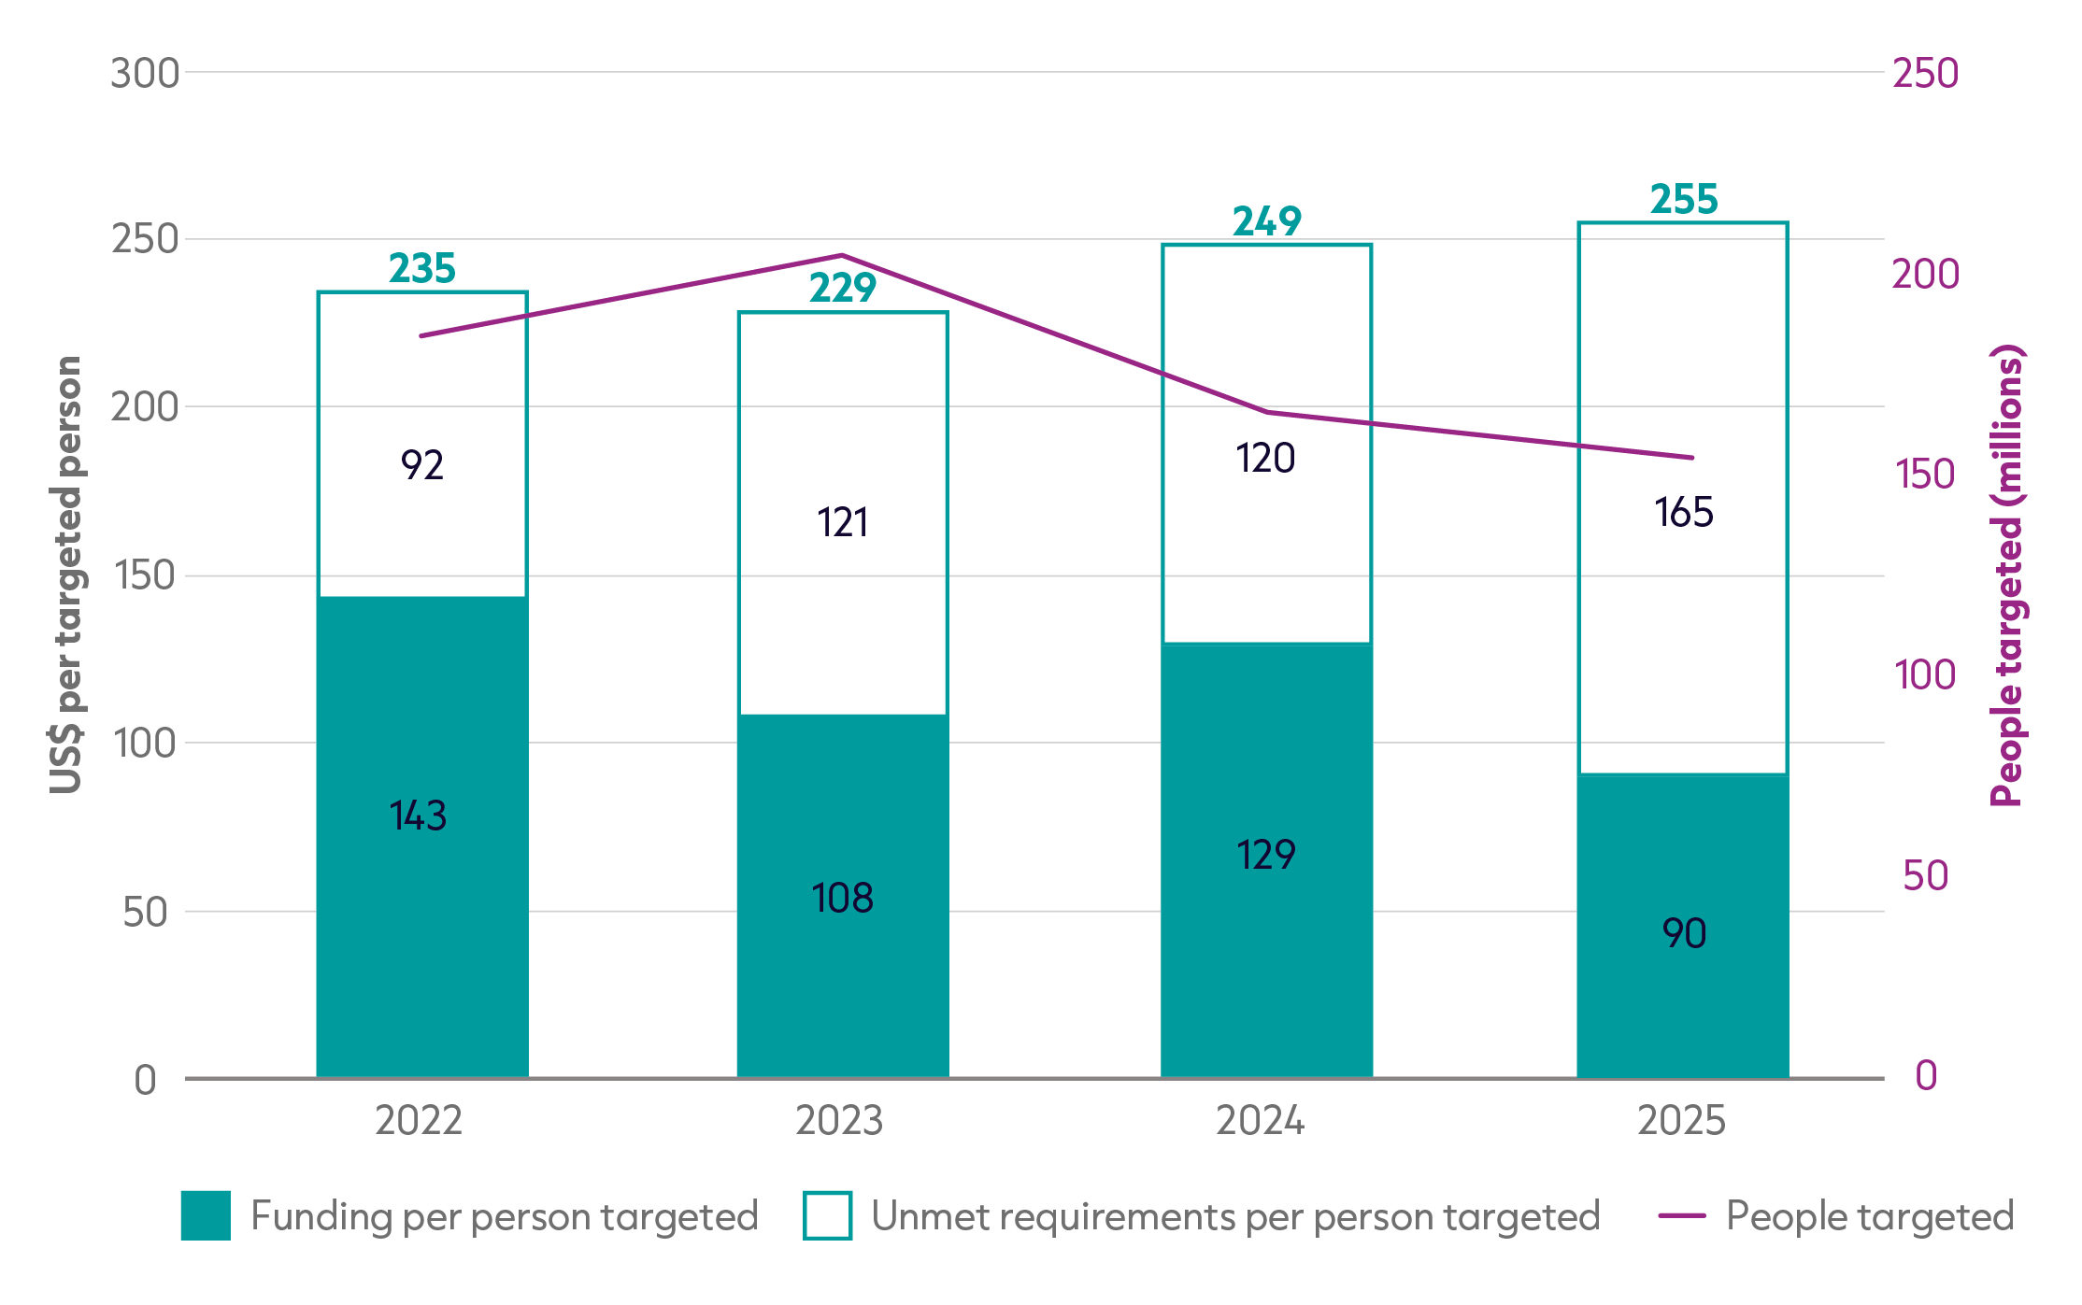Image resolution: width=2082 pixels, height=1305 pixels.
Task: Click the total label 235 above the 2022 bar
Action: (422, 268)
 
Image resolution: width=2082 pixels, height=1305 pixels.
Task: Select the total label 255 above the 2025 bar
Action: (1684, 199)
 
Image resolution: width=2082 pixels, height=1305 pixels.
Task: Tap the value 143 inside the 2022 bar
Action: (419, 816)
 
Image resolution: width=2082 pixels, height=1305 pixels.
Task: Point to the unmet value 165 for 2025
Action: (1684, 512)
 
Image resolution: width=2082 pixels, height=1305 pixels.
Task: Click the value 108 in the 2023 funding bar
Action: (843, 898)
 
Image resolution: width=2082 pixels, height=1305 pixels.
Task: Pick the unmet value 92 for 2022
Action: (422, 465)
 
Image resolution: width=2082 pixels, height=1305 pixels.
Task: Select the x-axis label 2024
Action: (1260, 1120)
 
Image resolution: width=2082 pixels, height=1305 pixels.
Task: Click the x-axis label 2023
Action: (839, 1120)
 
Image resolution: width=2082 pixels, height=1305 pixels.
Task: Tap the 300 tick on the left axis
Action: (145, 74)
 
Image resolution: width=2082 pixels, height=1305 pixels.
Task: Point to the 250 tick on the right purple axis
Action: (1926, 74)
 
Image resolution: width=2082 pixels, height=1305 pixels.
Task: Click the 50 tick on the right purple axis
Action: (1926, 876)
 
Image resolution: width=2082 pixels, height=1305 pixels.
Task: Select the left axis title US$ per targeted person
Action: (66, 575)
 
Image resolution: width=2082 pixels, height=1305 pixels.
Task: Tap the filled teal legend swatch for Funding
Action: (206, 1215)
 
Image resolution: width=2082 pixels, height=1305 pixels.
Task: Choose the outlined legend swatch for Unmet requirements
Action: (827, 1215)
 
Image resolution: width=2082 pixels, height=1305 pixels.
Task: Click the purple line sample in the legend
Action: (1682, 1216)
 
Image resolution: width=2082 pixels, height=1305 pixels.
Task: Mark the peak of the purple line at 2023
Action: (842, 255)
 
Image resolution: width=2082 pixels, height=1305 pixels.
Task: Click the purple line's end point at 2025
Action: (1692, 458)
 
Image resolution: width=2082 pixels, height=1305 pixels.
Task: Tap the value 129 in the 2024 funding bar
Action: (1266, 855)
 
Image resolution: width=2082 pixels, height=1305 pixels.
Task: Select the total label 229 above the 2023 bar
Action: (843, 288)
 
